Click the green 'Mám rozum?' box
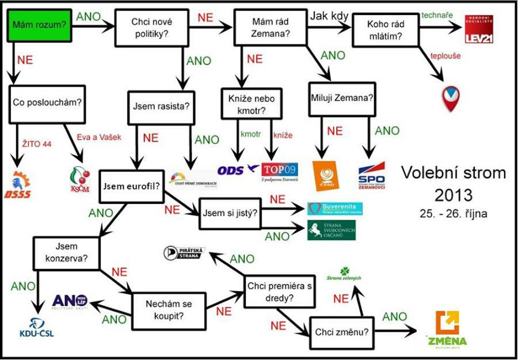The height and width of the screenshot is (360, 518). point(40,26)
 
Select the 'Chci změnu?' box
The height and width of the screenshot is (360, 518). point(341,332)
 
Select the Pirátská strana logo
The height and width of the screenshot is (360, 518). point(184,252)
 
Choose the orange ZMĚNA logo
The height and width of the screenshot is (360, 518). point(447,329)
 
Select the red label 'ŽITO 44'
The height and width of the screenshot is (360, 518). point(35,143)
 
